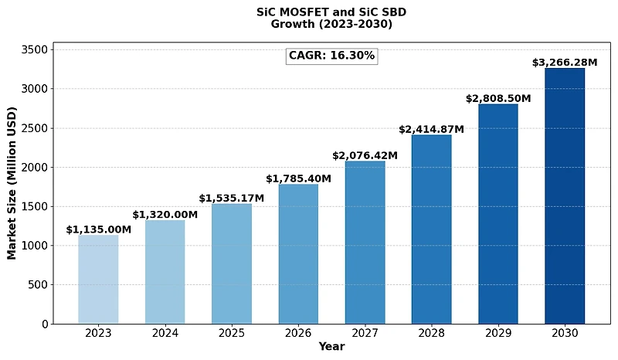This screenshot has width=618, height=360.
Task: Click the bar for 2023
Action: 98,279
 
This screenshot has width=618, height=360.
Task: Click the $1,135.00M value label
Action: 98,229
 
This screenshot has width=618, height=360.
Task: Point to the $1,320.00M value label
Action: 165,215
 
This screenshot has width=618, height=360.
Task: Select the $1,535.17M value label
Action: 232,199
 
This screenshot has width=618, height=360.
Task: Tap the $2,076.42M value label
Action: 365,156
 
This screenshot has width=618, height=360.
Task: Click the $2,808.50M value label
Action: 498,99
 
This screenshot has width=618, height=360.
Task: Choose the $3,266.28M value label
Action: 565,63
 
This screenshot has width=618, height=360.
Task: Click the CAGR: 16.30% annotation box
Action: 331,56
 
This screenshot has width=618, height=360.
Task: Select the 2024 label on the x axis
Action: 165,333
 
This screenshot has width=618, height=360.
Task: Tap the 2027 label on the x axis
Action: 365,333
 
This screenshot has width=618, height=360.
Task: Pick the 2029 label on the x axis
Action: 498,333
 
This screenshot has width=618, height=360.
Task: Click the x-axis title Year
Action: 331,347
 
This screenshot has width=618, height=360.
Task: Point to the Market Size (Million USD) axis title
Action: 12,187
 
